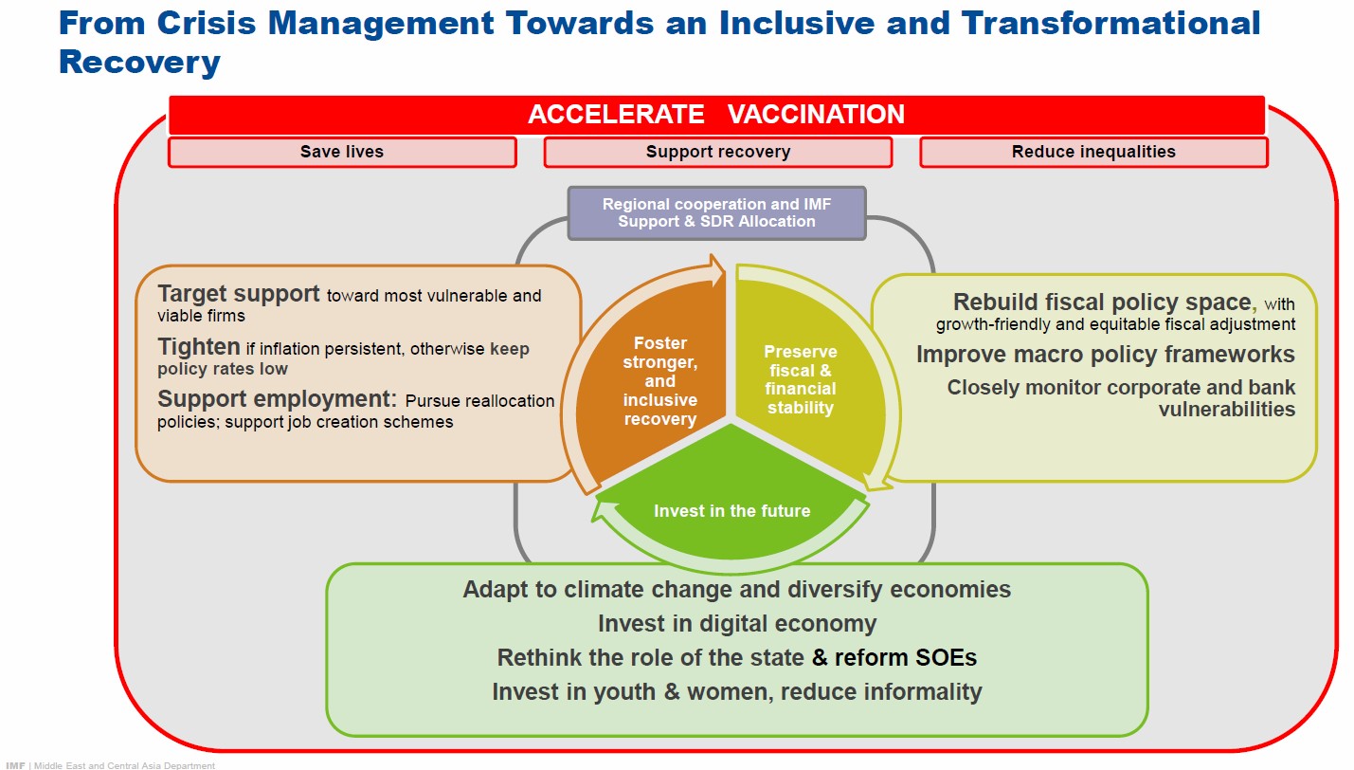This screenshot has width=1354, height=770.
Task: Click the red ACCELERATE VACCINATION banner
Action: click(717, 115)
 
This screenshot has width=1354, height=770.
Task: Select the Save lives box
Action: click(342, 152)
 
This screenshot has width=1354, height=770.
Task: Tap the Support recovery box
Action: click(718, 152)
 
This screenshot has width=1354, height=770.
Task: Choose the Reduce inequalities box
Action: click(1093, 152)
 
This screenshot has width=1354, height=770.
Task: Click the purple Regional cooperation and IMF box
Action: click(717, 213)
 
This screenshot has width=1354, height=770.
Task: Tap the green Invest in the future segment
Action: click(731, 502)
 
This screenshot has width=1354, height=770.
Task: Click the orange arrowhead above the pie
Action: click(717, 270)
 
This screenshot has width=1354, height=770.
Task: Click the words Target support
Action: click(238, 294)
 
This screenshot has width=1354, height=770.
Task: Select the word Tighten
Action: click(199, 347)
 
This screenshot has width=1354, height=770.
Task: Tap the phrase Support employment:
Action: click(277, 399)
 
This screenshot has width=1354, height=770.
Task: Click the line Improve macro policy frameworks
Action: click(1106, 355)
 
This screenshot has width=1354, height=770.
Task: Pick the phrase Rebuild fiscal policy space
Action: click(1102, 302)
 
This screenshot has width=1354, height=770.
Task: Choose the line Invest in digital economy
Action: click(737, 624)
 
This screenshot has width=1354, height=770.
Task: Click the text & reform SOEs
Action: click(894, 657)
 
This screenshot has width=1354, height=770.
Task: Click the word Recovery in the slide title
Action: click(139, 63)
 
